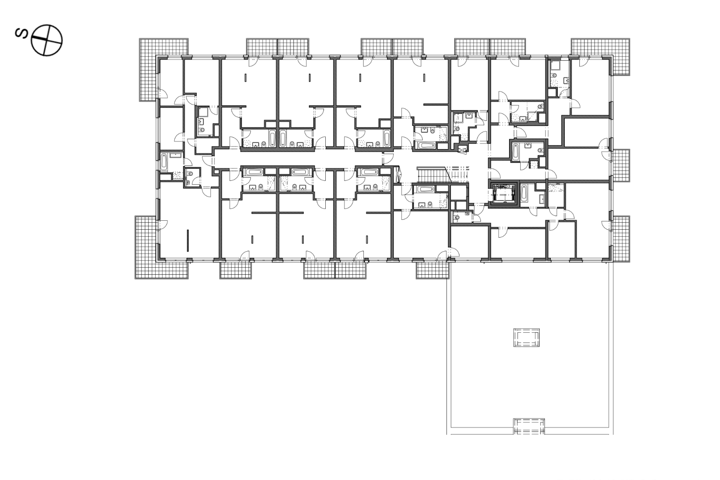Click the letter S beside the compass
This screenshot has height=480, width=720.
(22, 33)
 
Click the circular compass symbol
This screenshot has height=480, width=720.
(46, 40)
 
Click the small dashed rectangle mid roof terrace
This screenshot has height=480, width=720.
(526, 337)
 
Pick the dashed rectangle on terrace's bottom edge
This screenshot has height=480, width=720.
(529, 426)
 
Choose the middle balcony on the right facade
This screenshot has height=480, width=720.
(620, 165)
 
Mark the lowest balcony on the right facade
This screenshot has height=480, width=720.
(621, 239)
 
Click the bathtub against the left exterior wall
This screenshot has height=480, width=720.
(164, 162)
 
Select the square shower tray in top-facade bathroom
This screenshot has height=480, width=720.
(555, 66)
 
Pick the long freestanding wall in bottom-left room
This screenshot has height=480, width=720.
(188, 240)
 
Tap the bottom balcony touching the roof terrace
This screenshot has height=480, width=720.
(432, 270)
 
